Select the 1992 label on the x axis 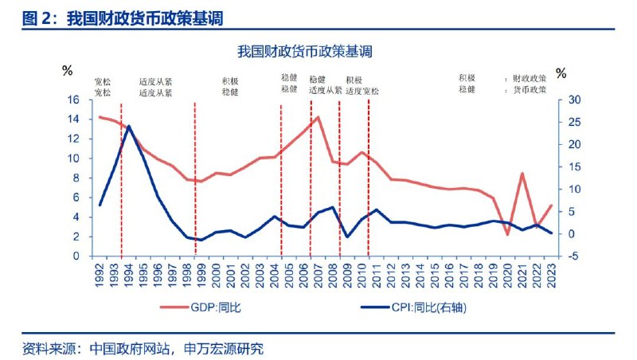(x=100, y=275)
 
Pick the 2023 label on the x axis (x=551, y=275)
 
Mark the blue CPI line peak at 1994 (x=129, y=126)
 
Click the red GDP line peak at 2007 (x=318, y=117)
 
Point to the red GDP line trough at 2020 (x=507, y=234)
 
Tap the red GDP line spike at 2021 (x=522, y=174)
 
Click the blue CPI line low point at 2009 (x=347, y=237)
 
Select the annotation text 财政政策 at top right (x=529, y=79)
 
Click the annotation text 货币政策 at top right (x=529, y=90)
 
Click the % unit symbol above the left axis (x=67, y=71)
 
